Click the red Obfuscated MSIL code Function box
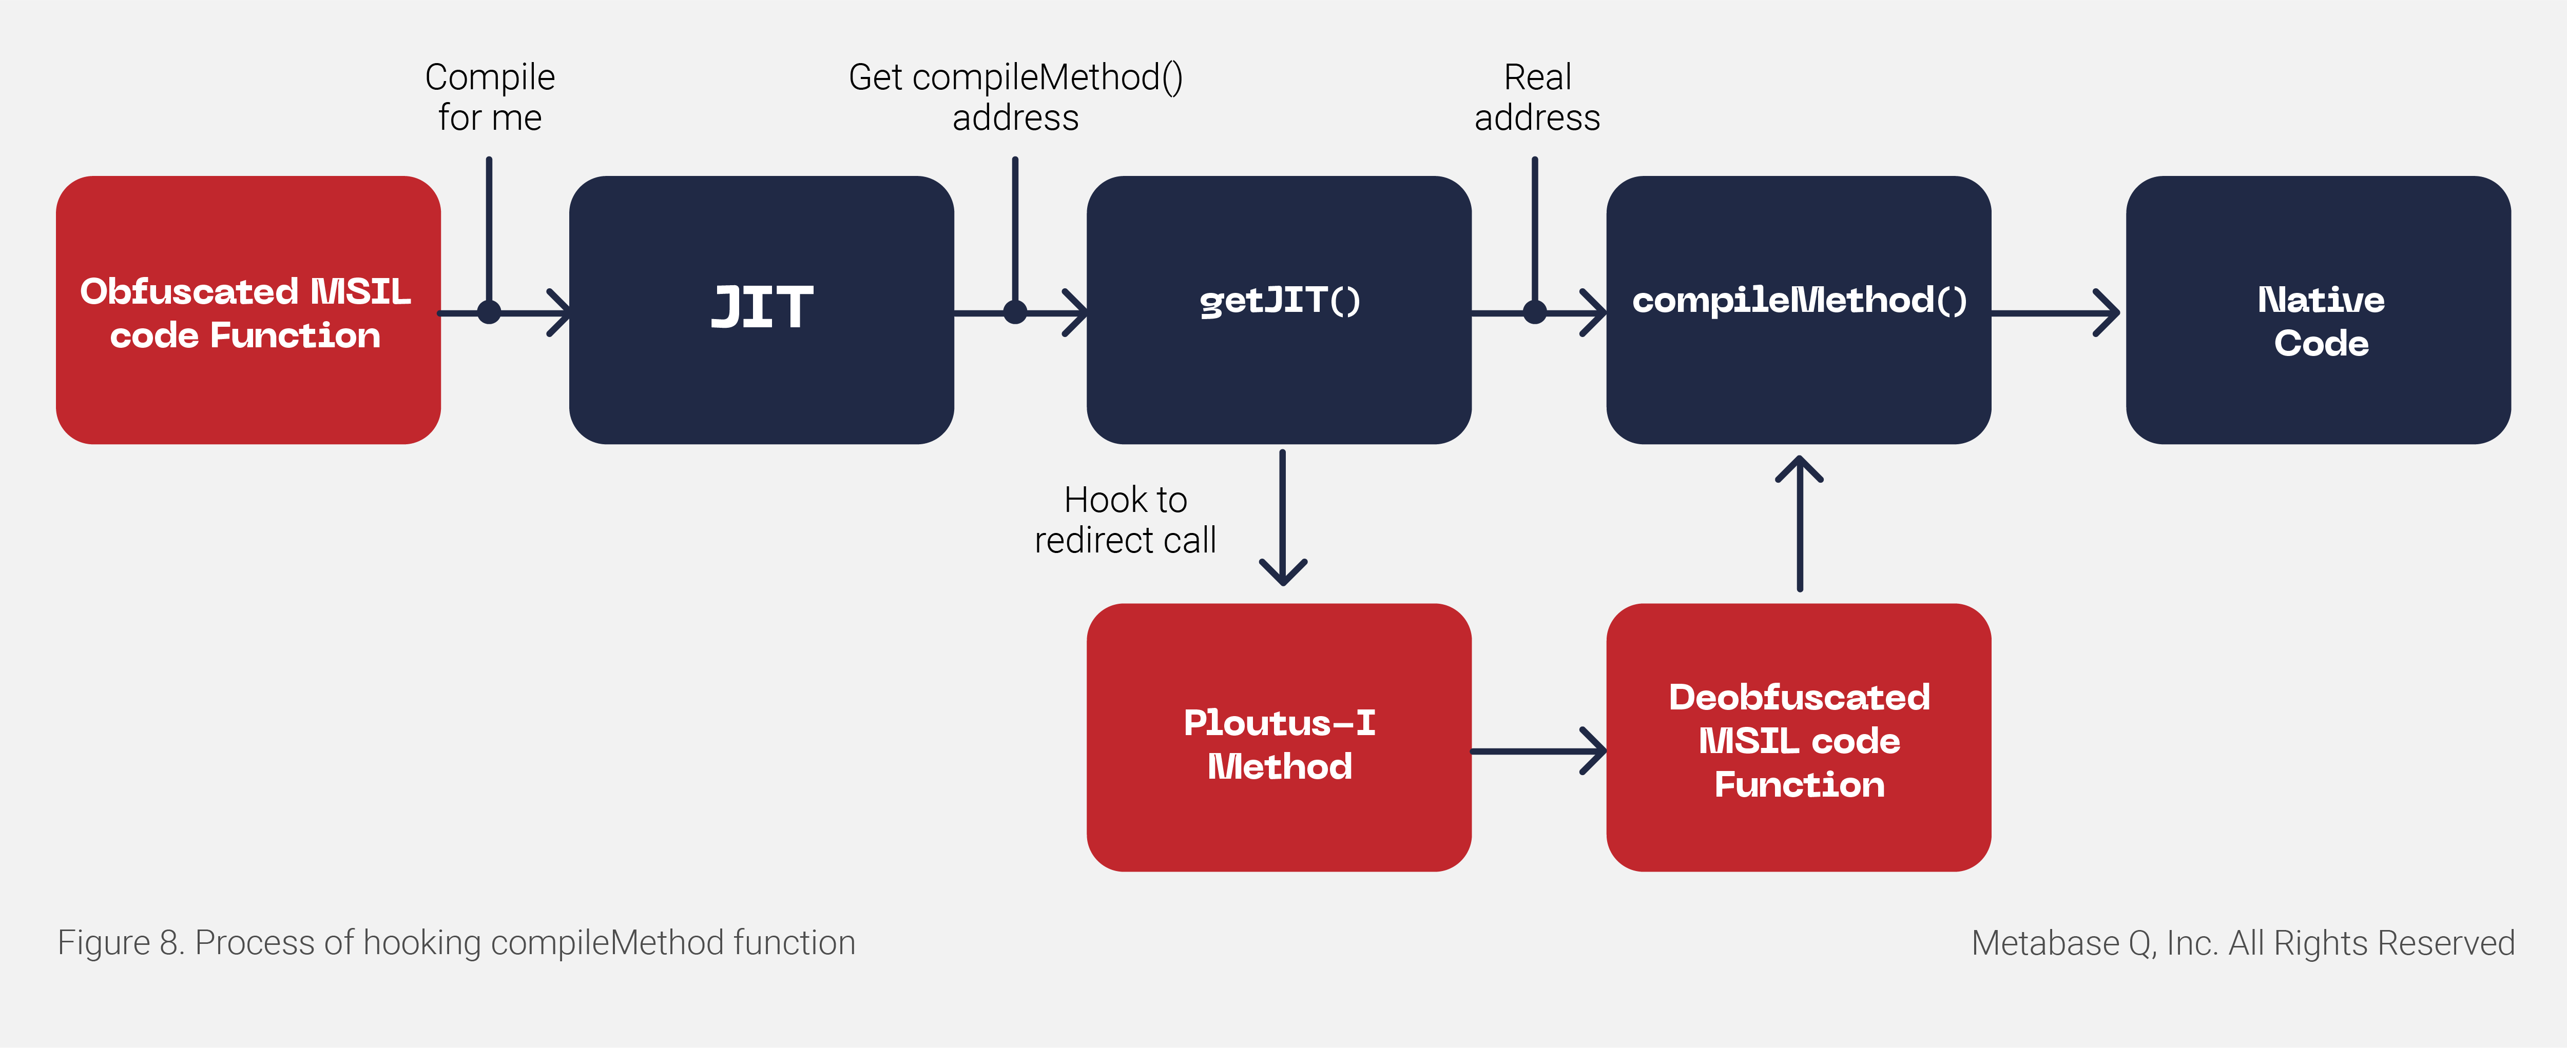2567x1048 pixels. pos(248,310)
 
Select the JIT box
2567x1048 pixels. pos(761,310)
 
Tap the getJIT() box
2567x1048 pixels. pos(1279,310)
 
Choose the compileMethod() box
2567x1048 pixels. pos(1799,310)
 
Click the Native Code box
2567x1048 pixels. pos(2319,310)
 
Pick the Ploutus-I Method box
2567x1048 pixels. pos(1279,737)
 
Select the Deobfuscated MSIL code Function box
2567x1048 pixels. pos(1799,737)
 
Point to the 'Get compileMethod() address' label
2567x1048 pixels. pos(1015,96)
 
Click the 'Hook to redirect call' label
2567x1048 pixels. pos(1125,519)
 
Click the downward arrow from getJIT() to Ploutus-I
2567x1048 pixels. pos(1283,517)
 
